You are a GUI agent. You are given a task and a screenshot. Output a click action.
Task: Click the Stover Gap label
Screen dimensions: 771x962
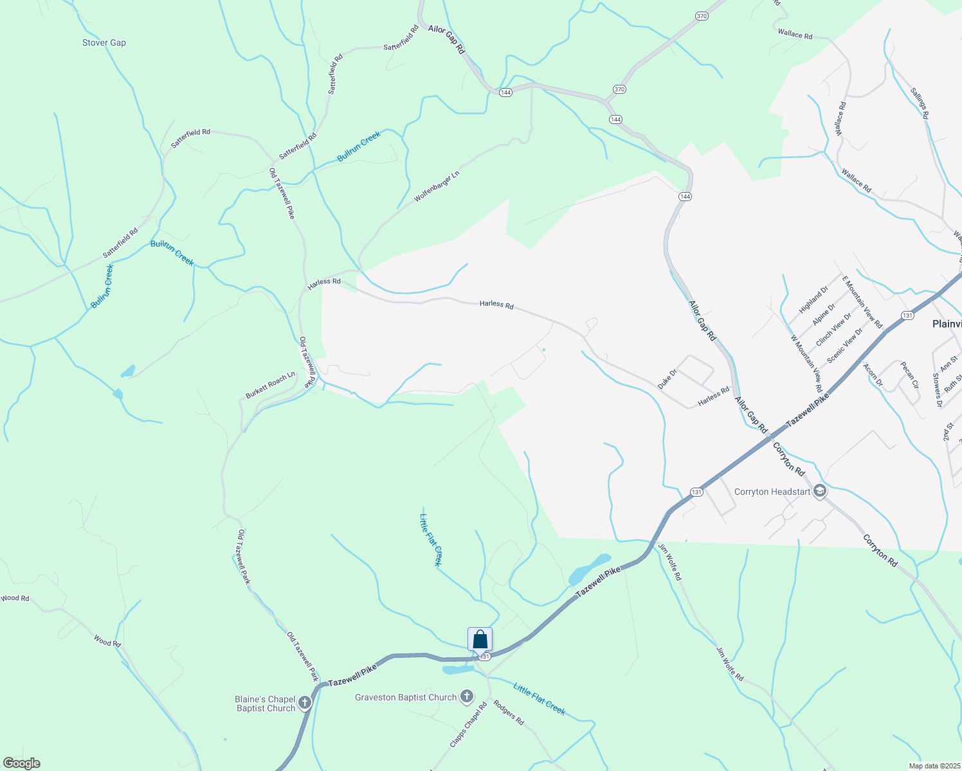coord(104,43)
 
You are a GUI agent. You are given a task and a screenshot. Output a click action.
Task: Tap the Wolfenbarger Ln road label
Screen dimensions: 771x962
coord(437,186)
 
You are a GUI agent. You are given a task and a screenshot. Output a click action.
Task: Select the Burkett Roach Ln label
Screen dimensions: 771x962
coord(270,385)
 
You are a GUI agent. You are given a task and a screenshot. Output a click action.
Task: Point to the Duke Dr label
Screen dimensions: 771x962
coord(667,379)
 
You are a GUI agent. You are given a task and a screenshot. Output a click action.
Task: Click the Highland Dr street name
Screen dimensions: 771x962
coord(813,300)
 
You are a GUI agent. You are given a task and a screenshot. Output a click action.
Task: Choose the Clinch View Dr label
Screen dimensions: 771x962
coord(833,330)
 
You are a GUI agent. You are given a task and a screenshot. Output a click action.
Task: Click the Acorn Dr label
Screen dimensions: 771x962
coord(873,375)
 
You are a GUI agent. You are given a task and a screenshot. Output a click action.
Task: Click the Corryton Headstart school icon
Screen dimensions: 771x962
coord(819,492)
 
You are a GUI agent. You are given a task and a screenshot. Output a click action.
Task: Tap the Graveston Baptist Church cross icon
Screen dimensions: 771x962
coord(466,696)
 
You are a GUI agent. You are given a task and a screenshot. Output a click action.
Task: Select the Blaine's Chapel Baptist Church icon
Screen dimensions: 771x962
coord(305,703)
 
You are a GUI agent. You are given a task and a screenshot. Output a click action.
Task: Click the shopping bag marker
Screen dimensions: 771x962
coord(480,640)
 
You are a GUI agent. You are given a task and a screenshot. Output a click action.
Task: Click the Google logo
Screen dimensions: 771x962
coord(22,763)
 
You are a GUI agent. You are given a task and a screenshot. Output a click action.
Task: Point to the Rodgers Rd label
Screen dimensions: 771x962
coord(509,713)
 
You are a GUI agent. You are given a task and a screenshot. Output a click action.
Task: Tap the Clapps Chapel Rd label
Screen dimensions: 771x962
coord(468,725)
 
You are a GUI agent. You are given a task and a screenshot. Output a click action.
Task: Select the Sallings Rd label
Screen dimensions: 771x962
coord(920,103)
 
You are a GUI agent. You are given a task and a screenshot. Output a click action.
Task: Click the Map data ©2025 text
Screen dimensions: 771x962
coord(934,766)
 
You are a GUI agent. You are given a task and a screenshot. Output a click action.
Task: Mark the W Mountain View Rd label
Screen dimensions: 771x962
coord(806,364)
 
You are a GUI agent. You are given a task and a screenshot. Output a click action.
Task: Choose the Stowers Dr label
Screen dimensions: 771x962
coord(938,390)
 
